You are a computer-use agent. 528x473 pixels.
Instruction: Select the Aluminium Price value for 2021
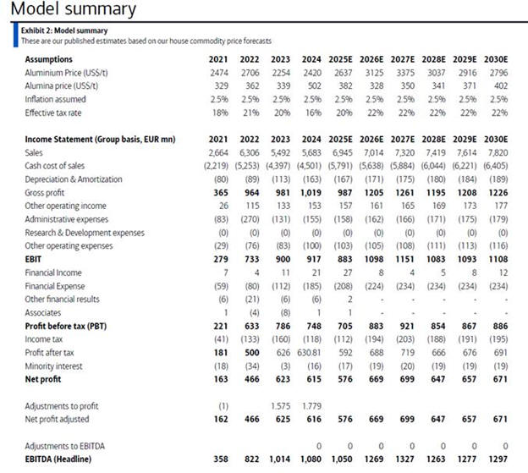pyautogui.click(x=219, y=73)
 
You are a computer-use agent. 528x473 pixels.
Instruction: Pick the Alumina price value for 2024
pyautogui.click(x=311, y=86)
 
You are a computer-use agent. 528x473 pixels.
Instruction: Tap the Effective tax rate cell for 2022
pyautogui.click(x=250, y=113)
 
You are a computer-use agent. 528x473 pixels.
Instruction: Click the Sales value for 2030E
pyautogui.click(x=496, y=152)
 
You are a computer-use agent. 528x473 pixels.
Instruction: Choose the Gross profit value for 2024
pyautogui.click(x=309, y=193)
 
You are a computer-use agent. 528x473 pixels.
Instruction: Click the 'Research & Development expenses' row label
pyautogui.click(x=85, y=233)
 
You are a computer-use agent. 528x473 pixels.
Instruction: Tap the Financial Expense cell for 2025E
pyautogui.click(x=341, y=286)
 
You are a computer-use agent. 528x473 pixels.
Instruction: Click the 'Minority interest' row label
pyautogui.click(x=55, y=366)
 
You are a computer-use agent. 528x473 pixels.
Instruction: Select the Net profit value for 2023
pyautogui.click(x=281, y=379)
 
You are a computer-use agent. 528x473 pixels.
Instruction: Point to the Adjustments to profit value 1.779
pyautogui.click(x=311, y=405)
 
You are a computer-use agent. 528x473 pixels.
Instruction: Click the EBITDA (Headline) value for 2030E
pyautogui.click(x=496, y=458)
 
